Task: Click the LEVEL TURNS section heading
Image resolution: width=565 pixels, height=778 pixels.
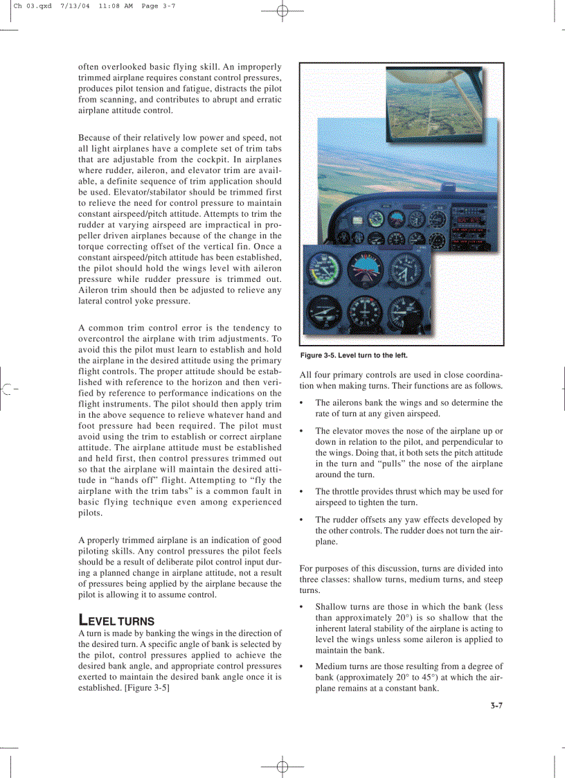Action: [x=116, y=620]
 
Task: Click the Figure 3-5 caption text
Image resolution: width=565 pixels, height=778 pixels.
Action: [x=353, y=355]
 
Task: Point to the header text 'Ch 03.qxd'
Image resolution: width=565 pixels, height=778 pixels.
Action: [x=33, y=6]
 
